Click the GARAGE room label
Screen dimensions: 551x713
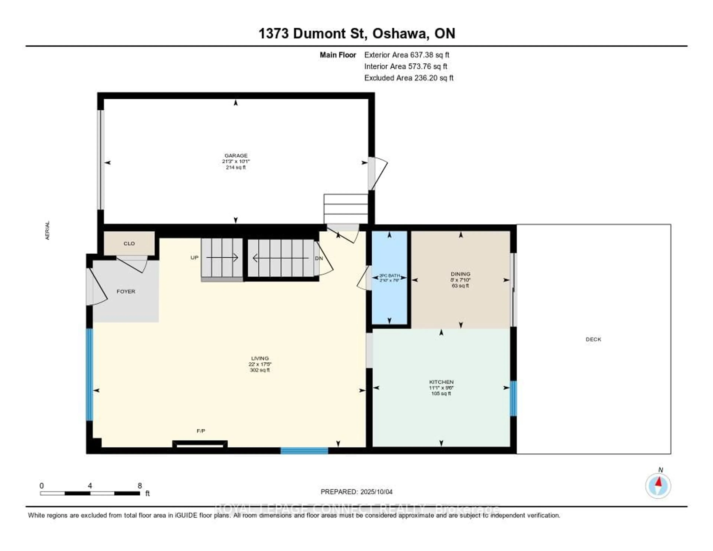tap(236, 155)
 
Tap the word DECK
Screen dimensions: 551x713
tap(593, 339)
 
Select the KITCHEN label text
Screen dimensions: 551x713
tap(441, 382)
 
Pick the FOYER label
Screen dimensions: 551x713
tap(126, 291)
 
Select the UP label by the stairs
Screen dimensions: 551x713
tap(194, 258)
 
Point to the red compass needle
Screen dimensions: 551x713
tap(658, 482)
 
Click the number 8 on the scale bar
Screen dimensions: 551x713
tap(140, 486)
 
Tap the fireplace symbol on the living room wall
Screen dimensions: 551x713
tap(200, 444)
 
